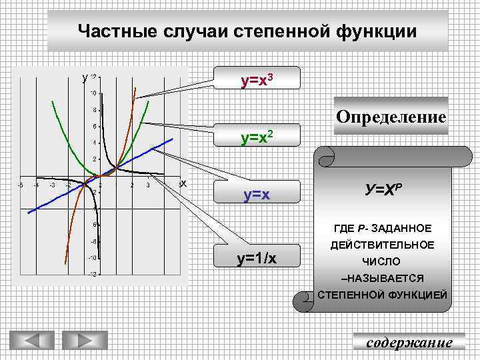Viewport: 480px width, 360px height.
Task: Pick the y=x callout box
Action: coord(257,195)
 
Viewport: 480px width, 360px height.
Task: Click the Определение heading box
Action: coord(391,117)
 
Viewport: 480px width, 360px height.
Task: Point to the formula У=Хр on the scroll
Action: coord(383,189)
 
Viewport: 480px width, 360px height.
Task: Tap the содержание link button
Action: coord(409,342)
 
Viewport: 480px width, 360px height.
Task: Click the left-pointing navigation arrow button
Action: coord(31,341)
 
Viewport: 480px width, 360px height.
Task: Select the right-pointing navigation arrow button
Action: coord(84,341)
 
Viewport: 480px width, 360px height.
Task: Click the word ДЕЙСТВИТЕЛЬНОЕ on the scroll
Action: coord(382,245)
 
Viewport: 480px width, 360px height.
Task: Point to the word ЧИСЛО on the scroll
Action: coord(381,261)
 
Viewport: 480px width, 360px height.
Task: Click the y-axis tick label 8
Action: coord(95,109)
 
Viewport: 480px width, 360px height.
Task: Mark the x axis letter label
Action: coord(183,183)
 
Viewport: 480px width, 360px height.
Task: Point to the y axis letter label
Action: coord(85,78)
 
